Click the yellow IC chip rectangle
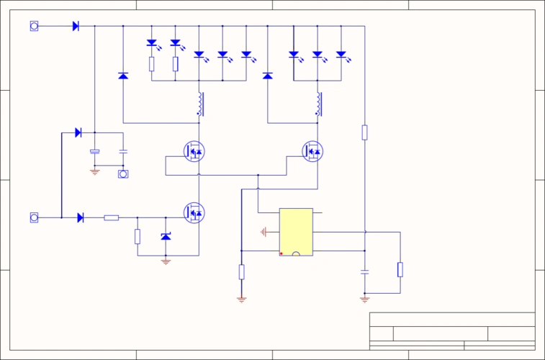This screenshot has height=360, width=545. (296, 232)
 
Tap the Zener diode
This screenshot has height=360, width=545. (166, 237)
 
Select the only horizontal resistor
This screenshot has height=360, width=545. (111, 217)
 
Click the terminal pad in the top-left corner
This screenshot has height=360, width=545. (34, 26)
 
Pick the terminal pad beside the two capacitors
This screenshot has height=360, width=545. (123, 174)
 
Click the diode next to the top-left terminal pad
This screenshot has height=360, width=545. (76, 26)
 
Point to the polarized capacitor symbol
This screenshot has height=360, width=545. (94, 151)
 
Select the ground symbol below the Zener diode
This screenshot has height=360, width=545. (166, 262)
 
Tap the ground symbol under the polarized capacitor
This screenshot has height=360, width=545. (94, 171)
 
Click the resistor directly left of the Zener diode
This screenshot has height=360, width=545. (138, 236)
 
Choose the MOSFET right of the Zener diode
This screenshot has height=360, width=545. (194, 212)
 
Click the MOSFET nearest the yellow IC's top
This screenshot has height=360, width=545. (312, 151)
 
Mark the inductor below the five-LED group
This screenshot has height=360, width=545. (199, 104)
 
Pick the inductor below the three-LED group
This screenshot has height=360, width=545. (318, 104)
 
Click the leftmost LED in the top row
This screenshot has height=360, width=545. (152, 43)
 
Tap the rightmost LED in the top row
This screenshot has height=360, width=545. (341, 54)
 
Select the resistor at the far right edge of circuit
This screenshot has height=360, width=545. (400, 269)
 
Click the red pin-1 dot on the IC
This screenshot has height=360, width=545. (281, 253)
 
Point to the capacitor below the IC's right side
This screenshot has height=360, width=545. (365, 272)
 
